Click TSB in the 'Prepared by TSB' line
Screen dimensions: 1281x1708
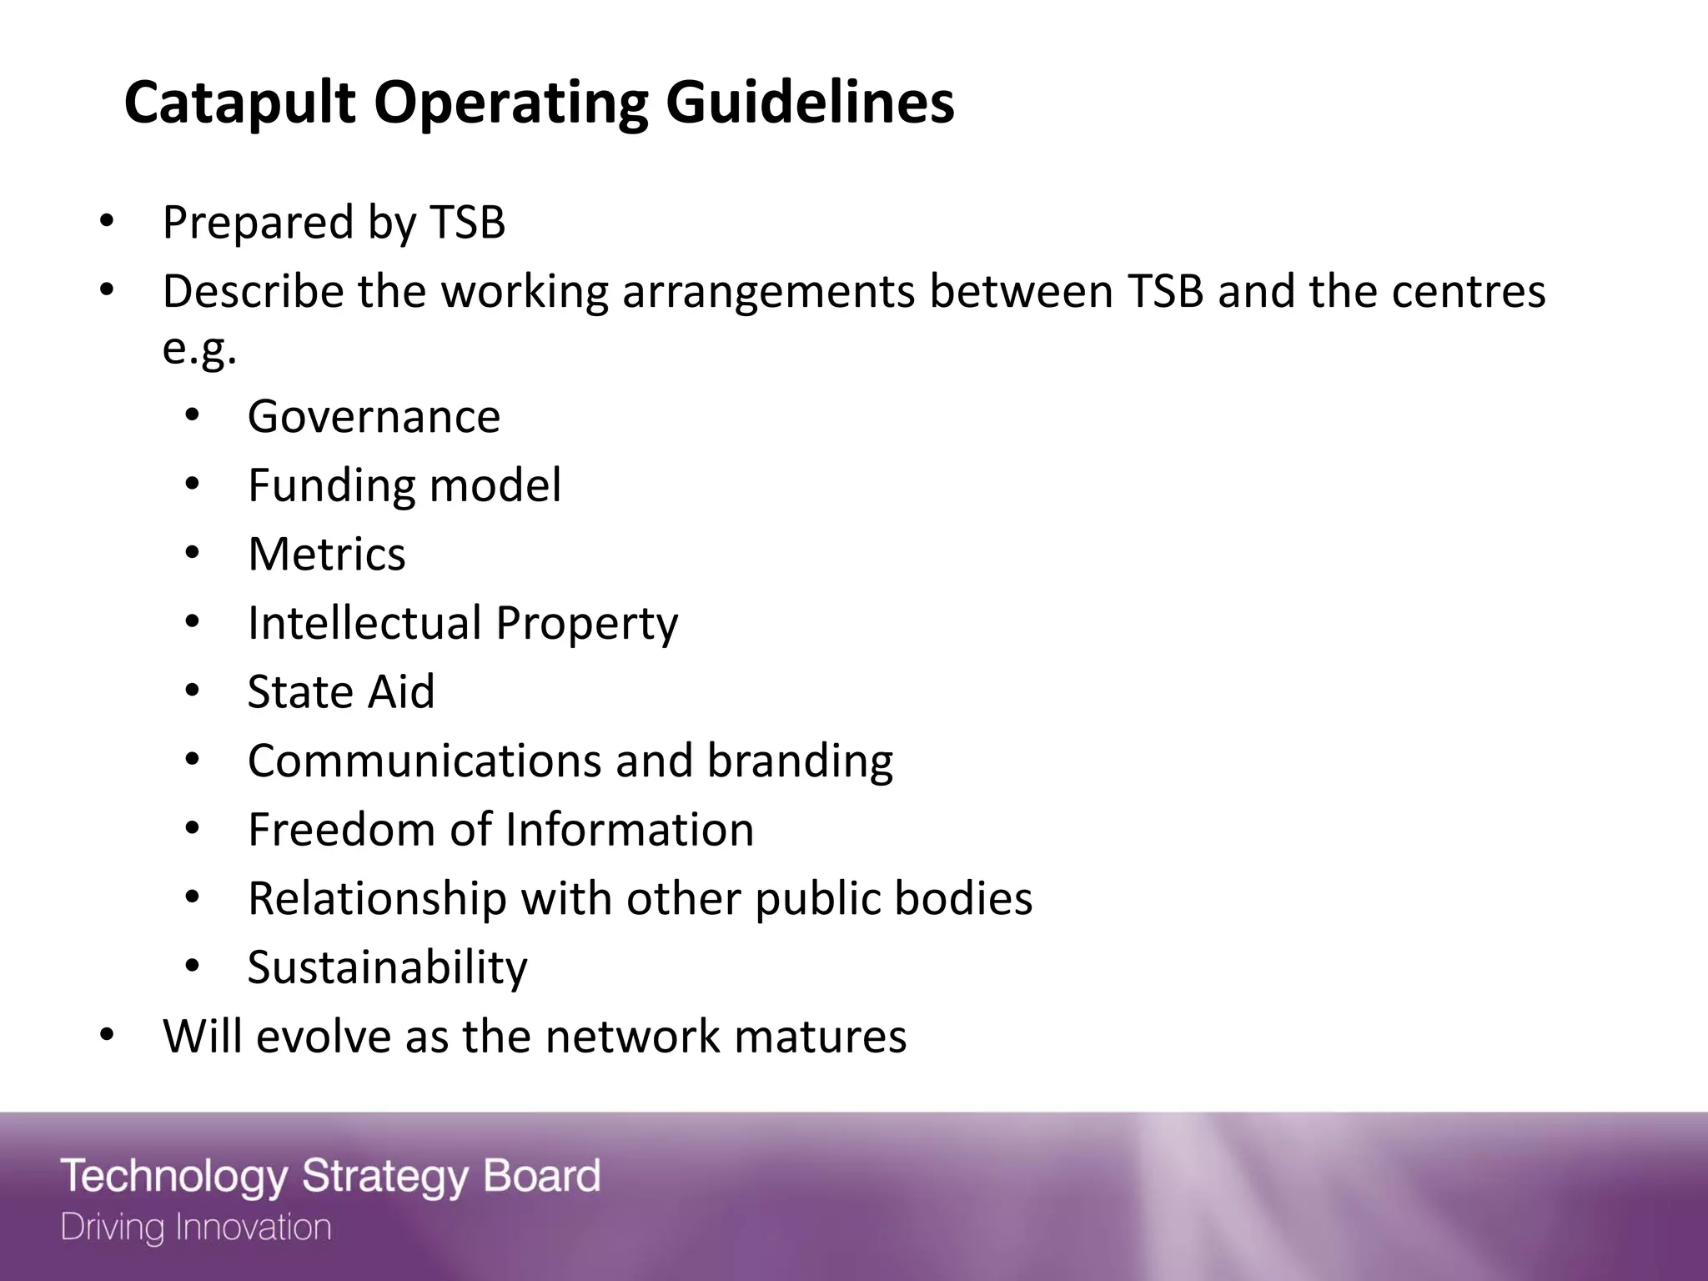pos(467,223)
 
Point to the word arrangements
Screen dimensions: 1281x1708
pos(768,292)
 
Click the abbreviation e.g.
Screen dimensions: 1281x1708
pos(199,349)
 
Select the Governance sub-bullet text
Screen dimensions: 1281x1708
pos(374,416)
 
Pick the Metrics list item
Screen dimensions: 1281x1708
pos(326,555)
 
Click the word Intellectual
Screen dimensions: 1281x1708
pos(364,623)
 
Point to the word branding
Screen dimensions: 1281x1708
pos(800,761)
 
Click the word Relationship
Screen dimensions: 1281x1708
pos(377,899)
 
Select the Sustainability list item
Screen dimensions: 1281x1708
pos(387,968)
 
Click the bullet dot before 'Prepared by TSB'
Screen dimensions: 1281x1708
pos(106,223)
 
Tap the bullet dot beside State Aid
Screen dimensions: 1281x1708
pos(193,692)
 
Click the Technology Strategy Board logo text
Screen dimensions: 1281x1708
pos(330,1176)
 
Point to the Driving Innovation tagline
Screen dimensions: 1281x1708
pos(196,1228)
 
